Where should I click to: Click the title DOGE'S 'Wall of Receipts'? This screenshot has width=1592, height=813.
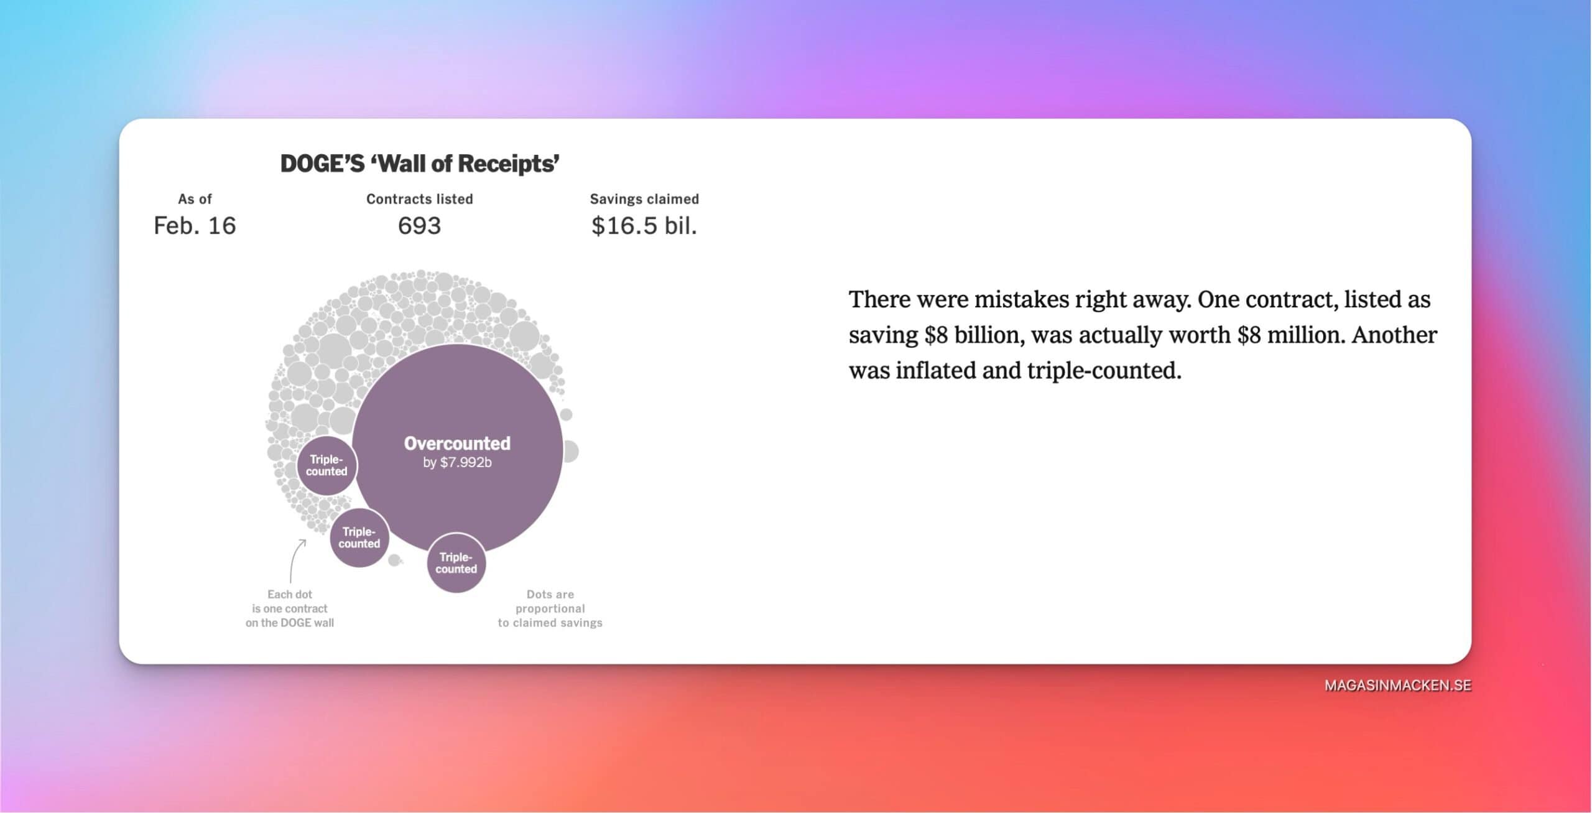pos(420,164)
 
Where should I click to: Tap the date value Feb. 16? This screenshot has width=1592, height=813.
pos(195,225)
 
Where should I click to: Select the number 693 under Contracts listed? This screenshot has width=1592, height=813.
pos(419,225)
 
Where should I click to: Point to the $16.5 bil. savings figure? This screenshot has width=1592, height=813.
pos(644,225)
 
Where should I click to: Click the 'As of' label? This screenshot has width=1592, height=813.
pos(195,199)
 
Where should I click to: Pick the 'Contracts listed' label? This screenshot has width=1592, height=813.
pos(420,199)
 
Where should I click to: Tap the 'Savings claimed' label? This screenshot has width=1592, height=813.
pos(644,199)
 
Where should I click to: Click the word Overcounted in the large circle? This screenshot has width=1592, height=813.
pos(457,443)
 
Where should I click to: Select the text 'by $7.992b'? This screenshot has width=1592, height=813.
pos(457,463)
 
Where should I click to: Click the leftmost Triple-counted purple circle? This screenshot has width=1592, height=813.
pos(326,465)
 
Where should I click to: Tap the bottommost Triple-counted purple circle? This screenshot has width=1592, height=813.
pos(456,563)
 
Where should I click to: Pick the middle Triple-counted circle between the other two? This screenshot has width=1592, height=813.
pos(359,537)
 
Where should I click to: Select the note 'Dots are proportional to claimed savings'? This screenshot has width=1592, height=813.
pos(550,608)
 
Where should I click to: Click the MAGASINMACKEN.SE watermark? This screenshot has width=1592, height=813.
pos(1397,685)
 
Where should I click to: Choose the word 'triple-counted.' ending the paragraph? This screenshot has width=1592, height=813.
pos(1104,371)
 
